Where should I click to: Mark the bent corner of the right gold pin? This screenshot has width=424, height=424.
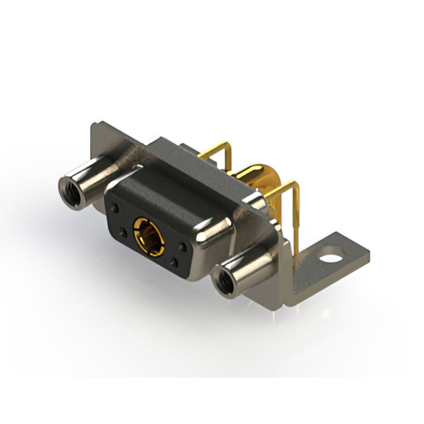(x=291, y=187)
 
